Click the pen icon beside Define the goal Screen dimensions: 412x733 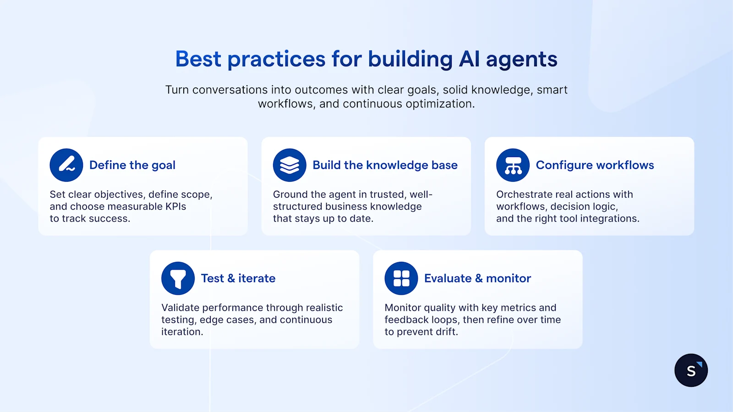pyautogui.click(x=66, y=165)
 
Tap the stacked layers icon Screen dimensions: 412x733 pyautogui.click(x=290, y=165)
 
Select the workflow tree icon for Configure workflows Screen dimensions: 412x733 pyautogui.click(x=513, y=165)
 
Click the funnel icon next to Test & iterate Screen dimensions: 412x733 pyautogui.click(x=178, y=278)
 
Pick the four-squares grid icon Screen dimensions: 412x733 pyautogui.click(x=401, y=278)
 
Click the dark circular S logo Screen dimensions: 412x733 pyautogui.click(x=691, y=370)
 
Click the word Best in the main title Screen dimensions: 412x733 pyautogui.click(x=198, y=60)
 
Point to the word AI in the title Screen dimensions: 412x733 pyautogui.click(x=469, y=60)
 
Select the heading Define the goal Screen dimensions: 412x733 pyautogui.click(x=132, y=165)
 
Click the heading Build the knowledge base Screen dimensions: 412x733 pyautogui.click(x=385, y=165)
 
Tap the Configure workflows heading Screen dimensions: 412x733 pyautogui.click(x=595, y=165)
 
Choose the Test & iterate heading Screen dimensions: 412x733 pyautogui.click(x=238, y=278)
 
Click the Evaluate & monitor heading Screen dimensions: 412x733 pyautogui.click(x=477, y=278)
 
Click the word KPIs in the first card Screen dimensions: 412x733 pyautogui.click(x=175, y=206)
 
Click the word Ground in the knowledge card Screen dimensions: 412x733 pyautogui.click(x=290, y=195)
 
